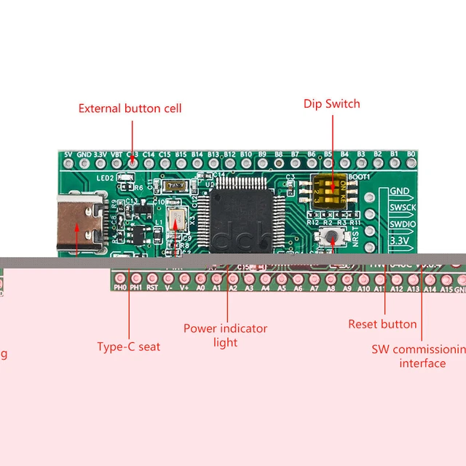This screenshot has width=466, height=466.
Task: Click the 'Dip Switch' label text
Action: coord(331,104)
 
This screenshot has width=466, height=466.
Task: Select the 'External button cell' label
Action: coord(130,108)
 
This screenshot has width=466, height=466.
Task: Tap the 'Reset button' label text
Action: coord(382,324)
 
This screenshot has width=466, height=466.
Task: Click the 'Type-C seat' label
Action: coord(129,347)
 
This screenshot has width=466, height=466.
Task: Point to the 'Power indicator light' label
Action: coord(225,335)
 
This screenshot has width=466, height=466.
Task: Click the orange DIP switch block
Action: coord(331,189)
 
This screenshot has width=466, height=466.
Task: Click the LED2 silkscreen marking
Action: coord(106,178)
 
